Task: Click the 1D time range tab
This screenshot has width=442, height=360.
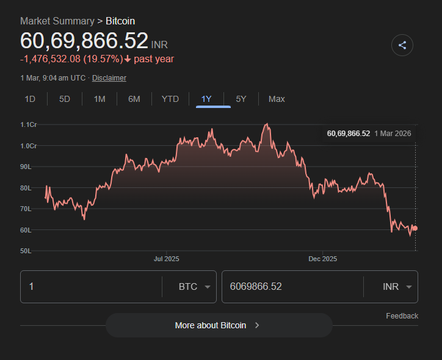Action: (x=30, y=99)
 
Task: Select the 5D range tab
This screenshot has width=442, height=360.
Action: (x=65, y=99)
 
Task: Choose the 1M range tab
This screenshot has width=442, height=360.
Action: (x=100, y=99)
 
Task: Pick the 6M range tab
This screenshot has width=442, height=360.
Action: (x=134, y=99)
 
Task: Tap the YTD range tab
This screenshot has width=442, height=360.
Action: (x=170, y=99)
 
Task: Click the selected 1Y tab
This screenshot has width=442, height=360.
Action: (x=206, y=99)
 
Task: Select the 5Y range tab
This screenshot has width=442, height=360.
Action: (x=241, y=99)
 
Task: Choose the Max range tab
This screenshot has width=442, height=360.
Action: (x=277, y=99)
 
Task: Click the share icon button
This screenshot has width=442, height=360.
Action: (x=402, y=45)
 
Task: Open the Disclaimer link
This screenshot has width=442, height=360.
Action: (x=109, y=78)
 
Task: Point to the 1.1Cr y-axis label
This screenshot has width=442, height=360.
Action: (x=29, y=124)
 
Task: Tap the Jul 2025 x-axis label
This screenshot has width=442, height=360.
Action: (x=166, y=259)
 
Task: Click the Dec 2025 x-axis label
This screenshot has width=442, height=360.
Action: (x=322, y=259)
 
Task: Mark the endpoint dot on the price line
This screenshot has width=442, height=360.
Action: (x=415, y=228)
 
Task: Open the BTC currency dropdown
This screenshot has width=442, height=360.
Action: (x=194, y=287)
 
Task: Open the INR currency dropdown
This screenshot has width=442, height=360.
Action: (x=396, y=287)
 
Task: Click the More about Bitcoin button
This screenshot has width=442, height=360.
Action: (x=219, y=325)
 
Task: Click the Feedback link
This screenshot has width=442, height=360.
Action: (x=402, y=316)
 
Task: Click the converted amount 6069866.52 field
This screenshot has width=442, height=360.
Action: (x=292, y=287)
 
